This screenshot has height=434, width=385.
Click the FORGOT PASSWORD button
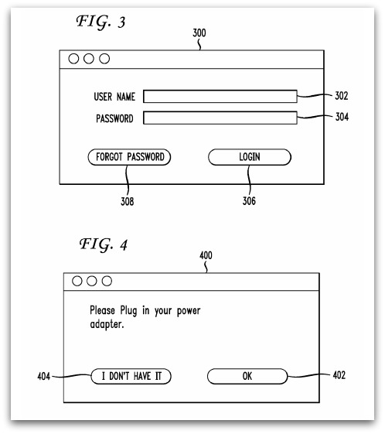[129, 157]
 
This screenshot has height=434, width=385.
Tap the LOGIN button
[250, 157]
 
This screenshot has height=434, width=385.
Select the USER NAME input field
[220, 97]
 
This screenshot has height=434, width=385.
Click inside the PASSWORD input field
[220, 118]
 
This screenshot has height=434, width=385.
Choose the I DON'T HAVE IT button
[131, 376]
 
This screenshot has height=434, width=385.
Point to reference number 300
[199, 33]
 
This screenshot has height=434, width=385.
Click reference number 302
[341, 96]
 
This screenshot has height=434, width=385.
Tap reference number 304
[342, 117]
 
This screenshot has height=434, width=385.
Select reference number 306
[249, 201]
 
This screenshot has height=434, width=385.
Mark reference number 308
[128, 201]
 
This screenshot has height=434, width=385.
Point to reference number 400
[206, 255]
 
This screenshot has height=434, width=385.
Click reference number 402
[339, 375]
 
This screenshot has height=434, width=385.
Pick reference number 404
[44, 377]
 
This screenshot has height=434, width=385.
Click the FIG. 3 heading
[101, 22]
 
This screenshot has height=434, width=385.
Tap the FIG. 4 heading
[104, 244]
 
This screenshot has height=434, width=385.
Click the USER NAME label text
[114, 97]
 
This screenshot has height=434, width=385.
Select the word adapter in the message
[106, 324]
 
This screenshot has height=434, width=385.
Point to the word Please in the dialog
[102, 310]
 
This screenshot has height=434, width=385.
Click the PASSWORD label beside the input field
[114, 118]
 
